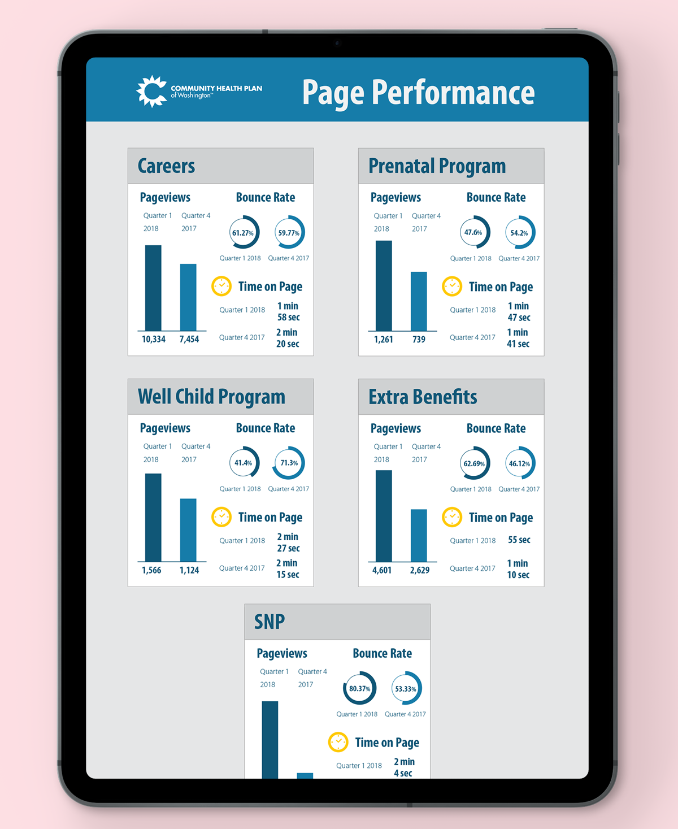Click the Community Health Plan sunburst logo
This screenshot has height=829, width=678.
click(151, 91)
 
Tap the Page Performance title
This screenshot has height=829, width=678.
click(418, 93)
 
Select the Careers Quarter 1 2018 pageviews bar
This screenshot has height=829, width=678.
click(153, 288)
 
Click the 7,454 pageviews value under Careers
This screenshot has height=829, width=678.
click(189, 339)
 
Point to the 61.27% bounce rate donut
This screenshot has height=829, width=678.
click(244, 232)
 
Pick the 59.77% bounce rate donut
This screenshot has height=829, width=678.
click(289, 232)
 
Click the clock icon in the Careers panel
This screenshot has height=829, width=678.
click(221, 287)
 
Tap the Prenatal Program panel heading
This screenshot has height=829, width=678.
click(437, 166)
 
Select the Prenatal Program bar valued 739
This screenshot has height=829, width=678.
click(419, 301)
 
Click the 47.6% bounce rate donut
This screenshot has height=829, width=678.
click(475, 232)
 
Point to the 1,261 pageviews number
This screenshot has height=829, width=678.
click(383, 339)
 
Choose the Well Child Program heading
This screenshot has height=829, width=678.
click(211, 397)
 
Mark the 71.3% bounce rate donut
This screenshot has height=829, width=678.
click(289, 463)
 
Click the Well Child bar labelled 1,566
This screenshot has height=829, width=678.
click(153, 517)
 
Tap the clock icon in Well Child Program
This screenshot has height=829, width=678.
click(221, 517)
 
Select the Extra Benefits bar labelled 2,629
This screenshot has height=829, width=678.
click(419, 535)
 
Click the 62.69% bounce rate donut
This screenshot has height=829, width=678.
click(475, 463)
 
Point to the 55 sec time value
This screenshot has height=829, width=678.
click(519, 540)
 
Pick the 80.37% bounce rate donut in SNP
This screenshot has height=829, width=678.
click(359, 688)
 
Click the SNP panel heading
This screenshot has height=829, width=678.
click(270, 622)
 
